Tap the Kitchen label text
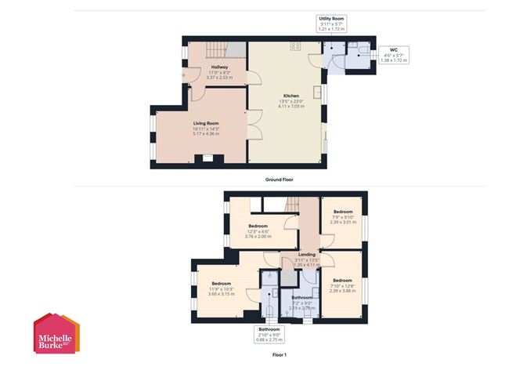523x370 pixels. point(290,96)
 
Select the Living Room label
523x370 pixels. point(206,123)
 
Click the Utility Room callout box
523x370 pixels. point(331,23)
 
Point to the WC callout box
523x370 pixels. point(393,54)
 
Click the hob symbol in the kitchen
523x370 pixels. point(296,46)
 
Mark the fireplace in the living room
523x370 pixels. point(207,158)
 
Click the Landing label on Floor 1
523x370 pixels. point(306,254)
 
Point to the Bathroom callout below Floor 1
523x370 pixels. point(269,335)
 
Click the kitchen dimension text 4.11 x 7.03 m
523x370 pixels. point(290,107)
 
